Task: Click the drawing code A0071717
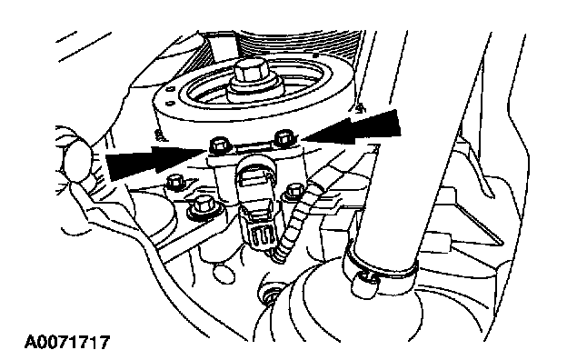pyautogui.click(x=67, y=342)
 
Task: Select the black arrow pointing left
pyautogui.click(x=351, y=128)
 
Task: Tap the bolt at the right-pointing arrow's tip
pyautogui.click(x=219, y=145)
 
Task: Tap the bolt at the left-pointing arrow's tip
pyautogui.click(x=284, y=137)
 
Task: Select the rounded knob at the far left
pyautogui.click(x=77, y=162)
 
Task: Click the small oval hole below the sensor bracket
pyautogui.click(x=224, y=273)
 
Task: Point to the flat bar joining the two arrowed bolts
pyautogui.click(x=252, y=146)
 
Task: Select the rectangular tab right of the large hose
pyautogui.click(x=440, y=242)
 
